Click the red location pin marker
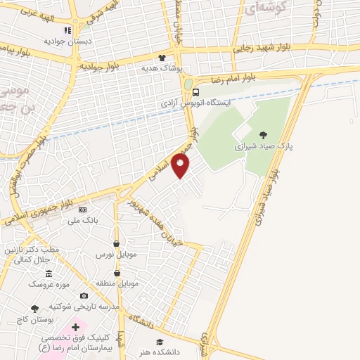(181, 166)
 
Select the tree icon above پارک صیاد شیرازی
(263, 135)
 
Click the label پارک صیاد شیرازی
(263, 148)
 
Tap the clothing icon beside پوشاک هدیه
(163, 59)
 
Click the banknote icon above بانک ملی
(83, 210)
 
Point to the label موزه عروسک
(47, 285)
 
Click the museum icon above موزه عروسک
(48, 273)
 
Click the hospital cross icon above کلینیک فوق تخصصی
(75, 328)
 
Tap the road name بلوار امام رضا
(237, 76)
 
